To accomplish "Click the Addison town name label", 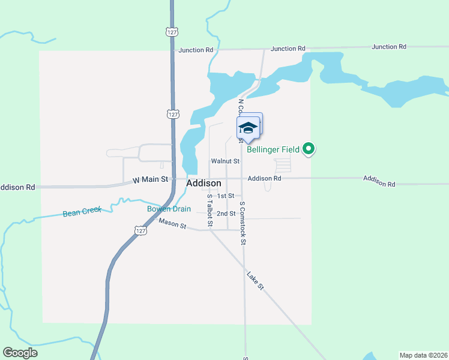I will (x=204, y=183).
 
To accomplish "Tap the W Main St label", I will (x=150, y=179).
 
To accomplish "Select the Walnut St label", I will (x=225, y=161).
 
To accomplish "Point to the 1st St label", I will (x=225, y=196).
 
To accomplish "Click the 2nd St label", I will (x=226, y=214).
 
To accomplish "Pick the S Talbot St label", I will (x=209, y=210).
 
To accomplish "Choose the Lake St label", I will (x=255, y=280).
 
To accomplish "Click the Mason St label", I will (x=173, y=224).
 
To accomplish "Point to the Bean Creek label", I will (x=82, y=212).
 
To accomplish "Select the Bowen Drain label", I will (x=169, y=209).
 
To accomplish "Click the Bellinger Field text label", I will (x=273, y=149).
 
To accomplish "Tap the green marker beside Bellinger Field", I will (x=309, y=148).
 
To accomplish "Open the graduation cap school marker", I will (x=248, y=128).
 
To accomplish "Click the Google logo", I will (x=20, y=353).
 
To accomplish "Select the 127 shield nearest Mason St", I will (x=140, y=231).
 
